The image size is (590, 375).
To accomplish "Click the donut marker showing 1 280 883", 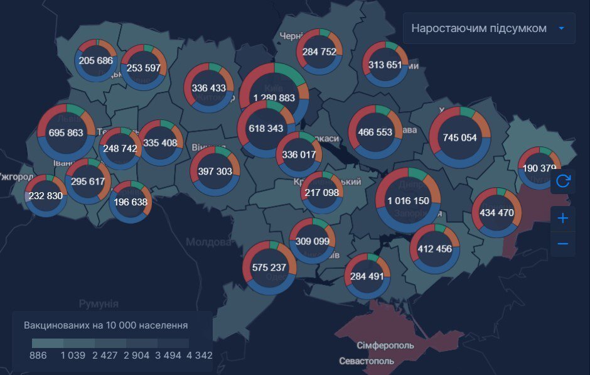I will (x=274, y=97).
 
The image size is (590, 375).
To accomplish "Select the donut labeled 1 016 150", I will (x=408, y=200).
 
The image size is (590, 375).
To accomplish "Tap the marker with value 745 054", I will (x=459, y=138).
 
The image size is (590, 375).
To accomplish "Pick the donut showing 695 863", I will (x=66, y=133).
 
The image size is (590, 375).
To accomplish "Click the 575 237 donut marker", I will (x=269, y=267).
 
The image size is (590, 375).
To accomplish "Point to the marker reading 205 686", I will (x=96, y=60).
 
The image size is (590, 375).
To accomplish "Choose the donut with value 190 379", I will (x=539, y=168).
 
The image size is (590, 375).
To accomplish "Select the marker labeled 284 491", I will (x=367, y=276).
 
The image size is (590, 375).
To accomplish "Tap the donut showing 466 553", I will (x=375, y=132).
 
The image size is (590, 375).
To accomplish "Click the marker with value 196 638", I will (x=131, y=202).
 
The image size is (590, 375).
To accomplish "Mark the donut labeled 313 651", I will (x=385, y=64).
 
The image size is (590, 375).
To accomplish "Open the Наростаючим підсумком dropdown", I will (x=489, y=28).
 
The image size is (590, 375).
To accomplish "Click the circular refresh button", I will (x=563, y=181).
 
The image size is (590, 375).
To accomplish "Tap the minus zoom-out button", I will (x=563, y=244).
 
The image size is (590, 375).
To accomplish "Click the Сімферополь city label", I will (x=385, y=346).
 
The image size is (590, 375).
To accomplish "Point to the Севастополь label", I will (x=367, y=361).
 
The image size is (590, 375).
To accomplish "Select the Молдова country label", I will (x=208, y=242).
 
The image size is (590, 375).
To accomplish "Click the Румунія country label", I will (x=99, y=304).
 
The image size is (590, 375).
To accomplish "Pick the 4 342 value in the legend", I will (x=200, y=355).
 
